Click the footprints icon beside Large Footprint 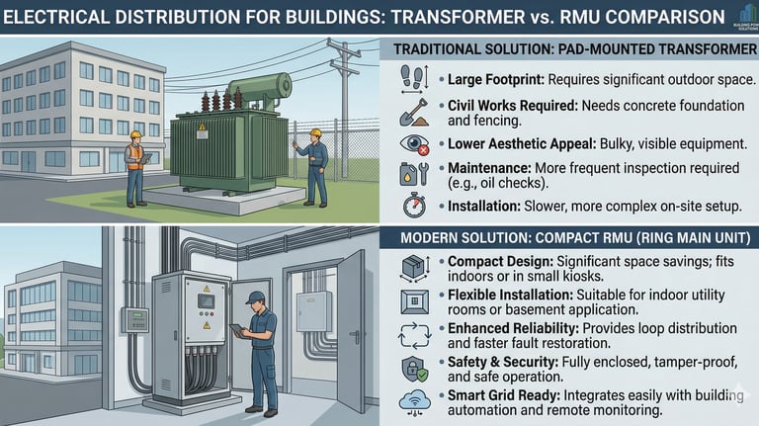413,79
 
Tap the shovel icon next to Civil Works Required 413,112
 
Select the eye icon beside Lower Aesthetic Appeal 413,144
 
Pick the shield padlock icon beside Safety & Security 413,369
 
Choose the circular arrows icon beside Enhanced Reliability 413,335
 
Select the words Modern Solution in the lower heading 456,238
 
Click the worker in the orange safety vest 135,163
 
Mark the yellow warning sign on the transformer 202,128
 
